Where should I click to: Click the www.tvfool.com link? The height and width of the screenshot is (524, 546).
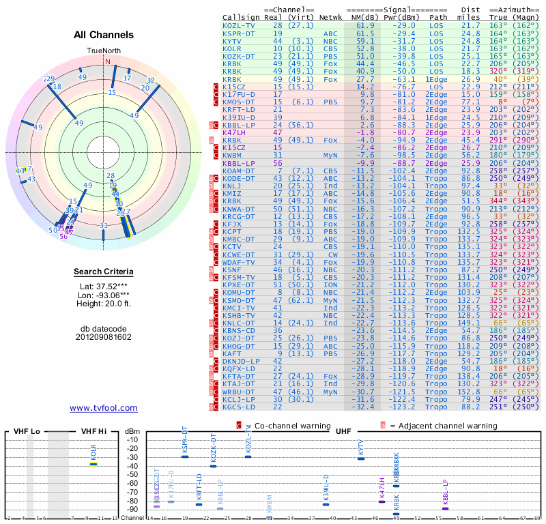coord(104,408)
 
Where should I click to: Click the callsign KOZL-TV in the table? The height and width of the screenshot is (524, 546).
coord(239,25)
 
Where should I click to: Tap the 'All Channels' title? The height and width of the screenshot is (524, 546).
coord(104,35)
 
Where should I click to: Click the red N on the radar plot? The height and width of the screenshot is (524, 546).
coord(107,61)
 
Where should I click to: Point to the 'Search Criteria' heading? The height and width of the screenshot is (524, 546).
coord(104,272)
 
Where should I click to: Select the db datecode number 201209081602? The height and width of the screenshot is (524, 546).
coord(104,337)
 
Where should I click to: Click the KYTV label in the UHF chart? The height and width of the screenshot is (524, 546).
coord(361,448)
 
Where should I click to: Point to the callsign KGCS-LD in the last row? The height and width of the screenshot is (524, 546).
coord(239,407)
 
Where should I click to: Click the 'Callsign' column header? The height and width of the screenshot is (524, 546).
coord(241,17)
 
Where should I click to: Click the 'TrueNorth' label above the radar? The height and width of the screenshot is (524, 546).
coord(104,51)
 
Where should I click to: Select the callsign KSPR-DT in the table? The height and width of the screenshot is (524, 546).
coord(239,33)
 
